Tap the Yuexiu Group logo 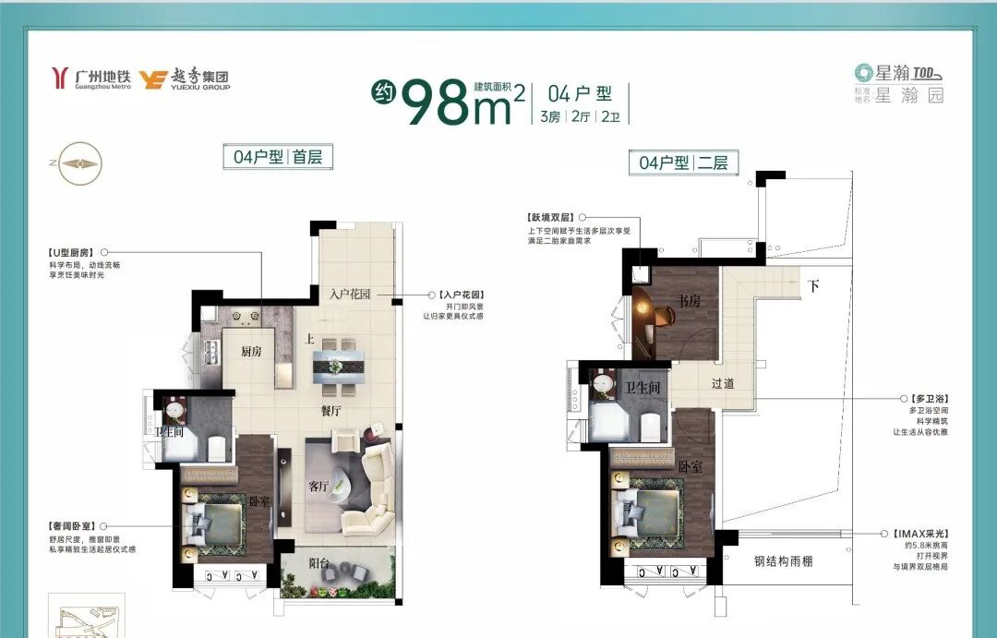tap(184, 80)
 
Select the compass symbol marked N tap(78, 163)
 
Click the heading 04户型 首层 tap(278, 157)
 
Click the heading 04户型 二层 tap(683, 163)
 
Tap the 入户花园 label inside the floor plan tap(350, 295)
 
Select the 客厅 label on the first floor tap(318, 487)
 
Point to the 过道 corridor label tap(722, 383)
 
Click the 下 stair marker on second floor tap(812, 286)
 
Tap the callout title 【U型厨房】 tap(70, 251)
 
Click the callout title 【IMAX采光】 tap(922, 534)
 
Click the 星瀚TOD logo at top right tap(897, 73)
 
